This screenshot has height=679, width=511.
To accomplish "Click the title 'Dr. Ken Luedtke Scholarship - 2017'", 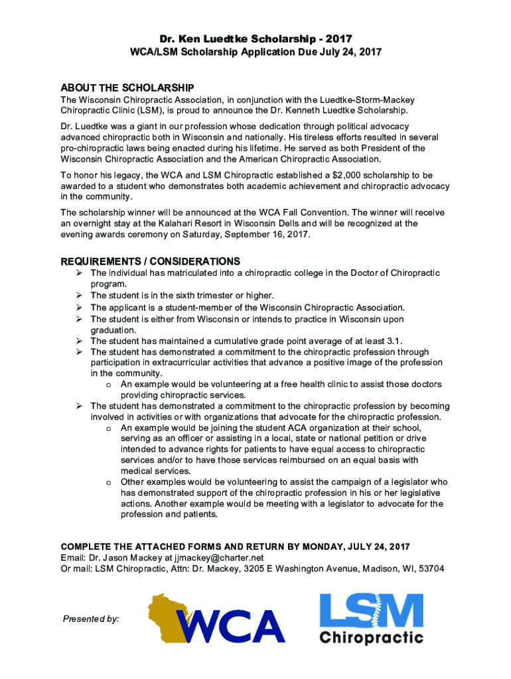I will tap(255, 39).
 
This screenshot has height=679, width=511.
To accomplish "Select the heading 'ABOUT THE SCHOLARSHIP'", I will tap(127, 88).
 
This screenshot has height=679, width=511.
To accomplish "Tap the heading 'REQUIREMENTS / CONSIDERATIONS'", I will tap(151, 261).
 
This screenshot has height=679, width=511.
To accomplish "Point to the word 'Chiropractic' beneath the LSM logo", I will tap(371, 638).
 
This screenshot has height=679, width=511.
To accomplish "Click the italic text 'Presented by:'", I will tap(91, 619).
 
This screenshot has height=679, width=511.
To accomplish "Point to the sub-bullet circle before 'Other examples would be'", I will tap(108, 482).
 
